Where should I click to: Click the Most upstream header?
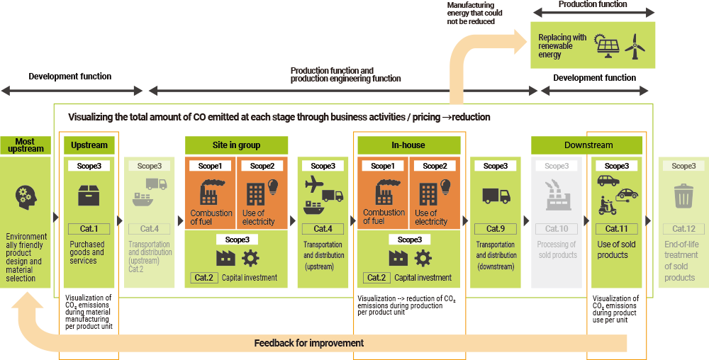point(26,145)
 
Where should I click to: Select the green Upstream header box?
point(89,145)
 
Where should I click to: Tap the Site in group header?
point(236,145)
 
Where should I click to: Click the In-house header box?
point(408,145)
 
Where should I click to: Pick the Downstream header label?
point(588,145)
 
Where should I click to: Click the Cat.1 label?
point(89,229)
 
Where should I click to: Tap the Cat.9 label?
point(496,229)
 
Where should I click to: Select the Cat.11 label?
point(616,229)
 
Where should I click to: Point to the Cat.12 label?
point(683,229)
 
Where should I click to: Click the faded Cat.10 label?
point(557,229)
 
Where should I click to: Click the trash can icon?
point(683,196)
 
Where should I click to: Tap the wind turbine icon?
point(636,47)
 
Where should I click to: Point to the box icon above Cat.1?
point(89,195)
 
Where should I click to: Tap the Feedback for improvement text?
point(308,343)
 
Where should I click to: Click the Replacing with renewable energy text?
point(562,46)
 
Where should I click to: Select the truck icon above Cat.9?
point(496,195)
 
